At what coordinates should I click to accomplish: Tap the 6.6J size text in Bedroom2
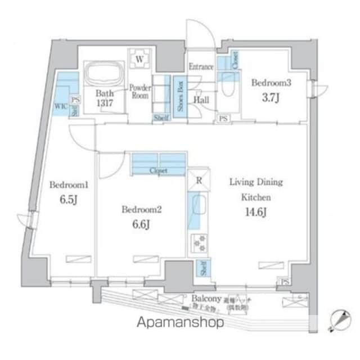[142, 226]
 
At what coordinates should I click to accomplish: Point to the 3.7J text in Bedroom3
[271, 97]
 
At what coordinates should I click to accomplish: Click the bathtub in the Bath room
[103, 74]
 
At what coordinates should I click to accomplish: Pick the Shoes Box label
[180, 97]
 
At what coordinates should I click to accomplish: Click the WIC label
[60, 105]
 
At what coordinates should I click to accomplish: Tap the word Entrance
[201, 67]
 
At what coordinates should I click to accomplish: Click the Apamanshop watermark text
[180, 322]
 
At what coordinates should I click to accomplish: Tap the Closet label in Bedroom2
[158, 170]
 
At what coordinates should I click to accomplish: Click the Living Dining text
[256, 182]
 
